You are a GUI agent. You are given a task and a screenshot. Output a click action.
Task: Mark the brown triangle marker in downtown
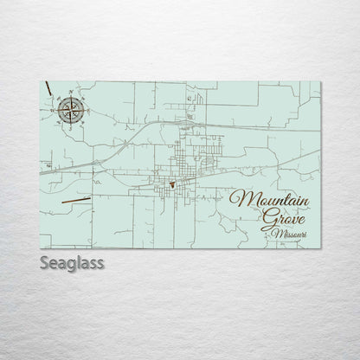173,184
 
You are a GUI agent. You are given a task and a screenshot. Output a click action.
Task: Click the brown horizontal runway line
75,200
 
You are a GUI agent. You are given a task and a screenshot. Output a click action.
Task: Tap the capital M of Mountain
240,198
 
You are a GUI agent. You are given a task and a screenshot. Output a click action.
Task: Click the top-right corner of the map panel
320,81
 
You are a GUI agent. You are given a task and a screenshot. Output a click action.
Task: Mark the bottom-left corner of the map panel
40,247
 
